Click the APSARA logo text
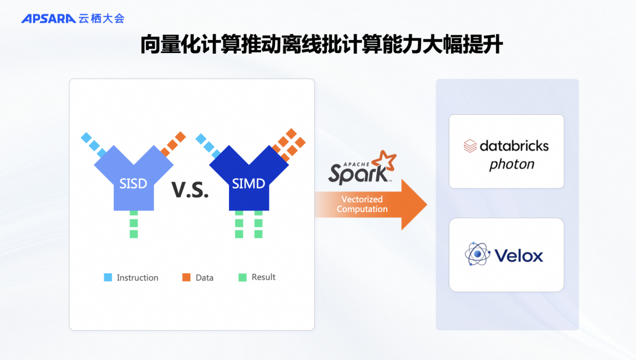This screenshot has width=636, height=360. pos(48,19)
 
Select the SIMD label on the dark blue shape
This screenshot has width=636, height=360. pos(249,183)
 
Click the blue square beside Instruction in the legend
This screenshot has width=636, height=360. pos(108,277)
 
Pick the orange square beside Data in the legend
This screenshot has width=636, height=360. pos(186,277)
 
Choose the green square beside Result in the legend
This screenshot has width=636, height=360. pos(242,277)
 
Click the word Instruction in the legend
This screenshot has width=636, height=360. pos(137,278)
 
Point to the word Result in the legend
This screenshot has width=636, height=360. pos(263,277)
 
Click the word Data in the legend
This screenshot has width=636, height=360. pos(204,278)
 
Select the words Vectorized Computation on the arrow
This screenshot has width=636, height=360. pos(362,204)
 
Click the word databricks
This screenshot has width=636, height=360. pos(514,146)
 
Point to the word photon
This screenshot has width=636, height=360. pos(512,164)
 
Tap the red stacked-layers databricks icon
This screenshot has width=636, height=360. pos(470,146)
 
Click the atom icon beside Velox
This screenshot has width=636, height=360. pos(476,255)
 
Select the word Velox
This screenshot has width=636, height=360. pos(519,256)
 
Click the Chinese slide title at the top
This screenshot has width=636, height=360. pos(321,45)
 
